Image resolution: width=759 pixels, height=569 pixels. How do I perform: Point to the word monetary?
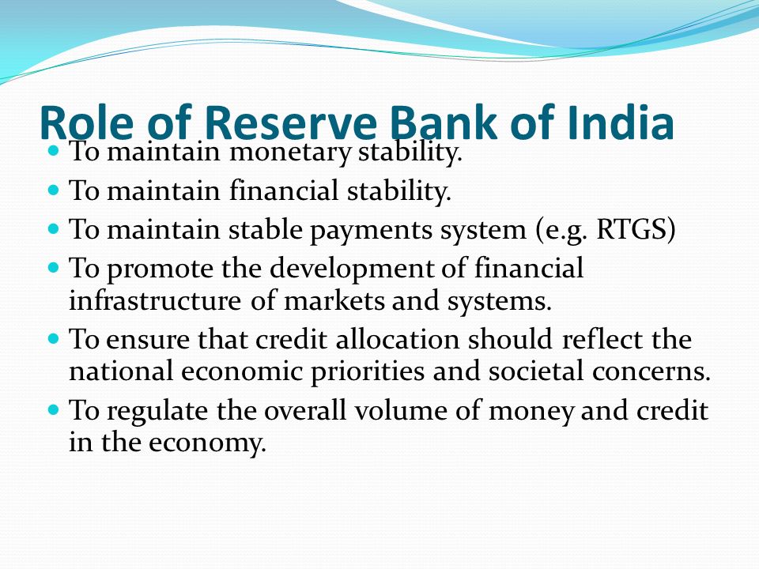coord(290,153)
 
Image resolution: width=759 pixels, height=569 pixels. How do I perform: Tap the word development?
coord(352,269)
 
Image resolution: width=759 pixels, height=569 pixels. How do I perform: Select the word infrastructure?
coord(155,300)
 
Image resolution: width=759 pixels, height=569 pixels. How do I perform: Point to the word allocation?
coord(398,339)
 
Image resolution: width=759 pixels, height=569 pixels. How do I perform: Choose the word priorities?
coord(367,372)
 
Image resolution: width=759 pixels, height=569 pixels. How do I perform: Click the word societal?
coord(535,371)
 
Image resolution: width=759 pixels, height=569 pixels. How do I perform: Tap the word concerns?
coord(648,371)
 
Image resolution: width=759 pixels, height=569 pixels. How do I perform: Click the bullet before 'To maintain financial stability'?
coord(54,189)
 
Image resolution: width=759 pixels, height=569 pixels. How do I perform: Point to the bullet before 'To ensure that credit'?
coord(54,337)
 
